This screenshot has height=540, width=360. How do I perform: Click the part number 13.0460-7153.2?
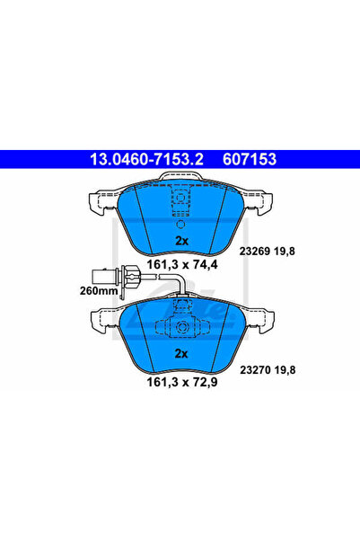[x=146, y=159]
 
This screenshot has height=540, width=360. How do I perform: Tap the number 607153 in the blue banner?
[x=250, y=159]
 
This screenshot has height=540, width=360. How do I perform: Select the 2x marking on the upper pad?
[x=181, y=241]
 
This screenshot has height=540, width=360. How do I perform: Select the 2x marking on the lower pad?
[x=181, y=354]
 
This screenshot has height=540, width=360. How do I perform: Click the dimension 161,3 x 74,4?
[x=182, y=265]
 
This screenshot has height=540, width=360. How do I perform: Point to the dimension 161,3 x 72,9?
[x=182, y=382]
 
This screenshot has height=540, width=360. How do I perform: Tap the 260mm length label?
[x=99, y=290]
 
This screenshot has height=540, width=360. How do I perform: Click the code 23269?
[x=255, y=251]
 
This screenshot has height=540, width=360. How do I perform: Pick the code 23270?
[x=255, y=370]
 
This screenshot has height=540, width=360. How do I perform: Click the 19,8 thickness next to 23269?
[x=285, y=252]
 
